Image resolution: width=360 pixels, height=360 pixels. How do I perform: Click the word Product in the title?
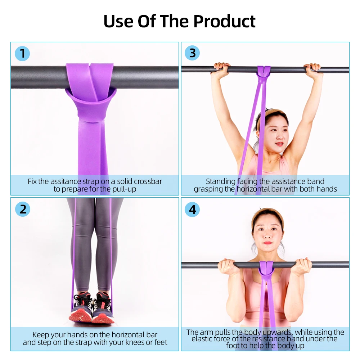coord(224,22)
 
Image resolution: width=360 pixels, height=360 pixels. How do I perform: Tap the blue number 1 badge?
coord(22,54)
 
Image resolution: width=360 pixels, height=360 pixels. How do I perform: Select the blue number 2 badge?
coord(22,209)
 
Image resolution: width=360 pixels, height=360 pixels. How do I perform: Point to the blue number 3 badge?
coord(192,53)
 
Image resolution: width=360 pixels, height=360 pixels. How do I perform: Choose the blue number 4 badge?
coord(192,209)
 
